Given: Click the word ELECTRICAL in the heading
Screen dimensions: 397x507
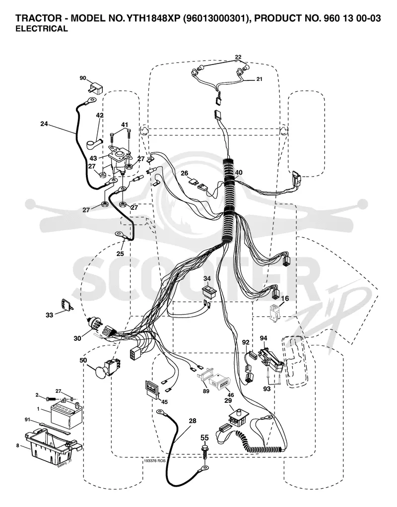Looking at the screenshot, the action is point(42,29).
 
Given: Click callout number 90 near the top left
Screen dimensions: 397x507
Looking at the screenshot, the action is point(83,78).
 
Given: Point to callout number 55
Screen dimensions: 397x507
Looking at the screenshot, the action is point(205,438).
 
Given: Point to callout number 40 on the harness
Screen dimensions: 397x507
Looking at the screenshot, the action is point(239,173).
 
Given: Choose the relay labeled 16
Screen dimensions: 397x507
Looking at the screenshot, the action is point(275,313).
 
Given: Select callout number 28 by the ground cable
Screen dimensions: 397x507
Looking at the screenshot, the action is point(193,421).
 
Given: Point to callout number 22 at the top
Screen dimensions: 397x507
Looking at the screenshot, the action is point(238,57).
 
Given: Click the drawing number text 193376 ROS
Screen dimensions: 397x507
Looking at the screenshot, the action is point(155,461).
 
